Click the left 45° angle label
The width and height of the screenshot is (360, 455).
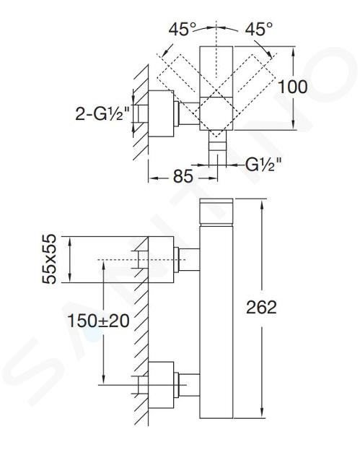point(183,30)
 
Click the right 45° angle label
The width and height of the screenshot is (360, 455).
point(259,30)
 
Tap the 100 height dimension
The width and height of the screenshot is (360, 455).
point(292,87)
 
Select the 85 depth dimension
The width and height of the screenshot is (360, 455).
point(183,175)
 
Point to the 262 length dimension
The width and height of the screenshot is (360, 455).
point(261,307)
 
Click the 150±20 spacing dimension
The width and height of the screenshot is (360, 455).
point(98,321)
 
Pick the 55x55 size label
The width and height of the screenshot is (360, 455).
point(49,259)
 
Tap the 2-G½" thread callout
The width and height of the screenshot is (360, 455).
point(102,114)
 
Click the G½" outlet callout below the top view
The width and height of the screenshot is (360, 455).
point(263,165)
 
